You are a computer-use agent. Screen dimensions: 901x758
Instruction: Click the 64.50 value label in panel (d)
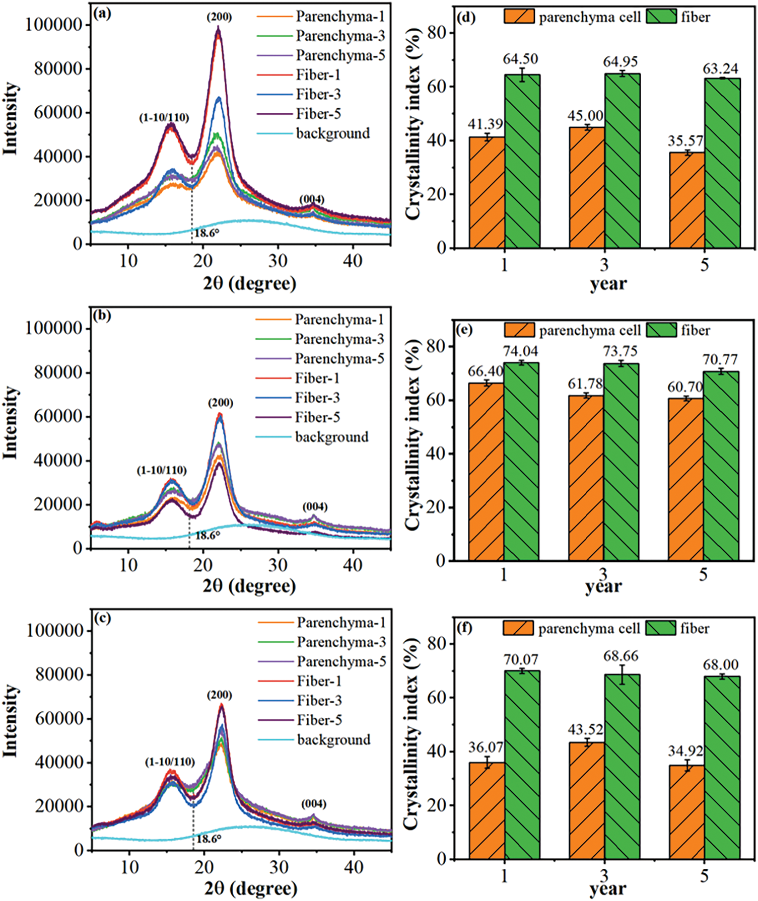(x=520, y=59)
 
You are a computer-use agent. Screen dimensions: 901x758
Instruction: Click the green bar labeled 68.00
(x=722, y=767)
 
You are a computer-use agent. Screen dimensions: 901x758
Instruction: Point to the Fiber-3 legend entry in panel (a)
(x=318, y=95)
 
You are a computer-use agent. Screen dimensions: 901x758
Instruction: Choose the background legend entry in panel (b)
(x=331, y=437)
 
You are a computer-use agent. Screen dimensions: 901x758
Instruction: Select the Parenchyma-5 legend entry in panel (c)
(x=341, y=661)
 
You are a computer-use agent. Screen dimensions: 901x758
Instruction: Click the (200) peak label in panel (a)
(x=219, y=17)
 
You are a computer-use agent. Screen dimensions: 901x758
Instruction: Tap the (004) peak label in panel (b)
(x=315, y=506)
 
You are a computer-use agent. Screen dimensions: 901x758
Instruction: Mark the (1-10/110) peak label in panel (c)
(x=170, y=762)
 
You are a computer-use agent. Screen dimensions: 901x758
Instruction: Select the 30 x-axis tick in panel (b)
(x=278, y=565)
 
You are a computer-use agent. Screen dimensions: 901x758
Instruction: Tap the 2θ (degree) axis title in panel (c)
(x=250, y=888)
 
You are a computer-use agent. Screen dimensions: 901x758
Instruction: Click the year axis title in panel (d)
(x=608, y=284)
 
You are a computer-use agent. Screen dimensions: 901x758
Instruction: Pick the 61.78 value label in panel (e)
(x=585, y=384)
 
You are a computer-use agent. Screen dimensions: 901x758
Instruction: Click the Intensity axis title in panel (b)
(x=11, y=423)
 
